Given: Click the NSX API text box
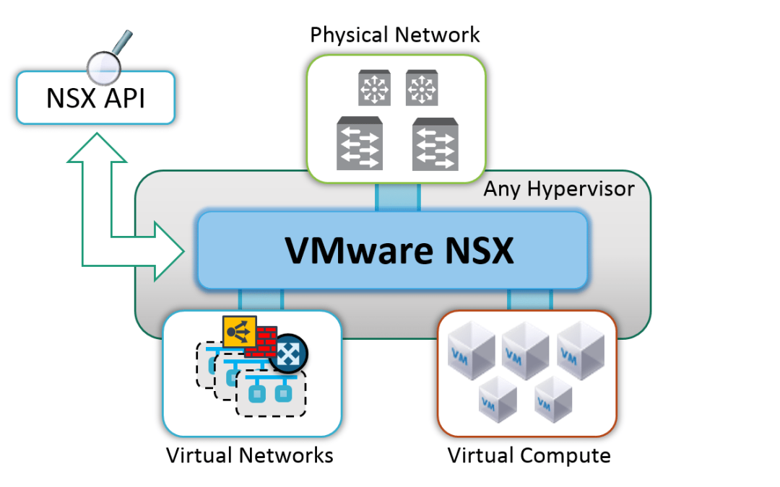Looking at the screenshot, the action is coord(95,97).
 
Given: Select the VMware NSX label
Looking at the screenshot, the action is coord(399,250).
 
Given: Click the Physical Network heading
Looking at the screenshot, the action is coord(394,35).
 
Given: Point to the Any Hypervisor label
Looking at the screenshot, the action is coord(558,189).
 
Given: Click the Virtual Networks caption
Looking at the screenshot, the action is coord(250,455).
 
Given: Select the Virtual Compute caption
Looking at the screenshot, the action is coord(529,456).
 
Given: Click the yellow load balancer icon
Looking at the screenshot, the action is coord(240,331).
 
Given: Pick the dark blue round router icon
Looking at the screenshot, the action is coord(288,354).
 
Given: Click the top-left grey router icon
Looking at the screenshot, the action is coord(374,88).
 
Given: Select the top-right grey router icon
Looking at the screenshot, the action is coord(422,88).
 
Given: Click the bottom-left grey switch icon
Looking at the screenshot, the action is coord(360,144).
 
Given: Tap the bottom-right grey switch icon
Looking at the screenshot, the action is coord(435,144).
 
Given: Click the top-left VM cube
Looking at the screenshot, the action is coord(471,350).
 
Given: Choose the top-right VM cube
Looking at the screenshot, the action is coord(581,350).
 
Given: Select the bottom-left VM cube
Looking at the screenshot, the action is coord(498,399).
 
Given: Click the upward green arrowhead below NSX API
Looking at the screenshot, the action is coord(97,148).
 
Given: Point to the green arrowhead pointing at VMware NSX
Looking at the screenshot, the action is coord(169,252).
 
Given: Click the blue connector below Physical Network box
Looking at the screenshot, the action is coord(398,197).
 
